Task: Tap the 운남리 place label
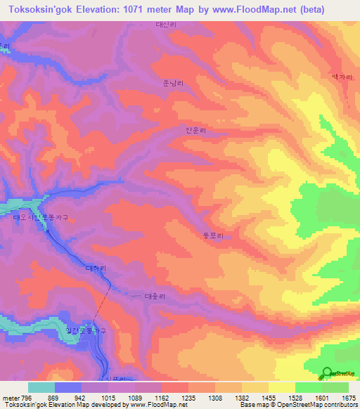pyautogui.click(x=173, y=83)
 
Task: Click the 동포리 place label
pyautogui.click(x=213, y=238)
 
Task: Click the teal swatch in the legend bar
pyautogui.click(x=41, y=387)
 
